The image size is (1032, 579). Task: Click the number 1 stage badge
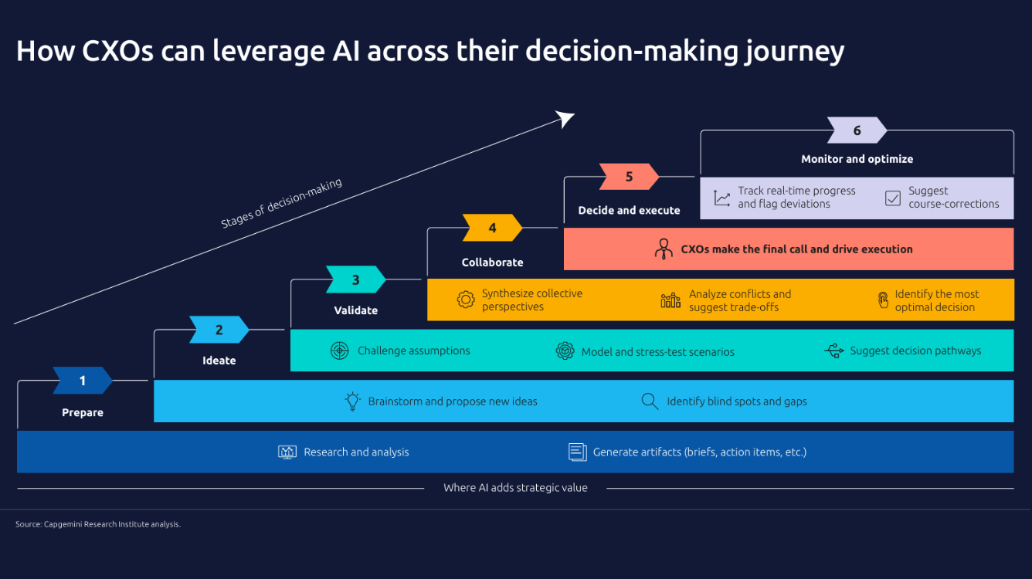point(83,381)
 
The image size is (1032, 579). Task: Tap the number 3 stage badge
point(355,279)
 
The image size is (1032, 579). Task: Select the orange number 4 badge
point(492,228)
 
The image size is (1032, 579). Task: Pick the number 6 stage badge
point(857,130)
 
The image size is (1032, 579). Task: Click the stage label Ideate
point(219,361)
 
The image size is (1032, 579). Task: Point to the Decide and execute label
point(629,210)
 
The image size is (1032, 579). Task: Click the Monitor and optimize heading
point(857,159)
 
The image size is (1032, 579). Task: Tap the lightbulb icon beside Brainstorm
point(353,401)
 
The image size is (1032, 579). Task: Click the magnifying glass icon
point(650,401)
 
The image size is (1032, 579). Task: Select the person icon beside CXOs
point(664,249)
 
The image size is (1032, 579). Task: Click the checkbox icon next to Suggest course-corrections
point(893,198)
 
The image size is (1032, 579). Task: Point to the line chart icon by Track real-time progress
point(722,198)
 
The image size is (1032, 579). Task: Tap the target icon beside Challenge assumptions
point(339,350)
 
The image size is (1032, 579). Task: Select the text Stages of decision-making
point(281,204)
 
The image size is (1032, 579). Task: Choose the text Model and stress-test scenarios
point(657,351)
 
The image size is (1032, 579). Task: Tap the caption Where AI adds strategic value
point(515,488)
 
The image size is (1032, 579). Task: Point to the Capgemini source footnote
point(98,524)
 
